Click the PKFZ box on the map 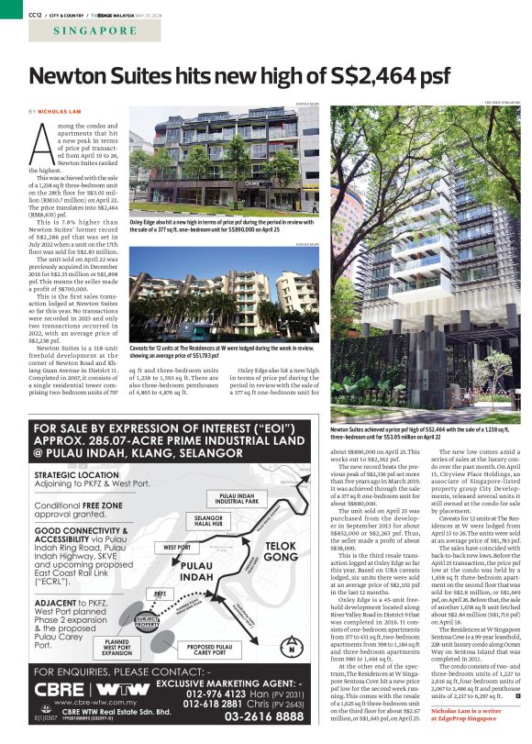point(161,594)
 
